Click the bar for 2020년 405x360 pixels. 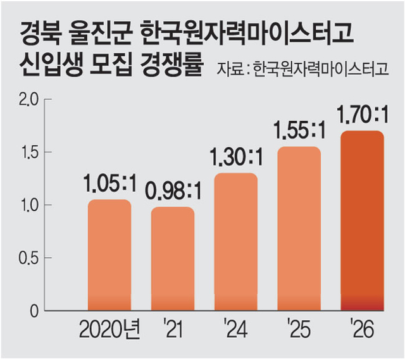click(109, 256)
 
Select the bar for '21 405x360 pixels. click(172, 259)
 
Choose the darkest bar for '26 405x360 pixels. click(362, 221)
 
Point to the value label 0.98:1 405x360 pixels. click(172, 192)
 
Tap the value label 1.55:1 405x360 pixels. click(299, 131)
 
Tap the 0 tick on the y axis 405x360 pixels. click(35, 311)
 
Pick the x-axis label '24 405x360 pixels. click(235, 331)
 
